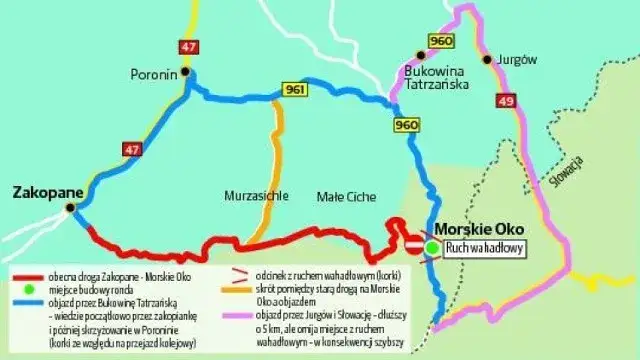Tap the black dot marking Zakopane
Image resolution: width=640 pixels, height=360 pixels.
click(70, 208)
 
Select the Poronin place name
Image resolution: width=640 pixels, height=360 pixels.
click(153, 73)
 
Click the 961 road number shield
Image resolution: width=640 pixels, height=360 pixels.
click(293, 90)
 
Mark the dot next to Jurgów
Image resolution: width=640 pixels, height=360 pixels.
click(487, 60)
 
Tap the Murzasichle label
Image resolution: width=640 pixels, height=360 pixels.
click(254, 196)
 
